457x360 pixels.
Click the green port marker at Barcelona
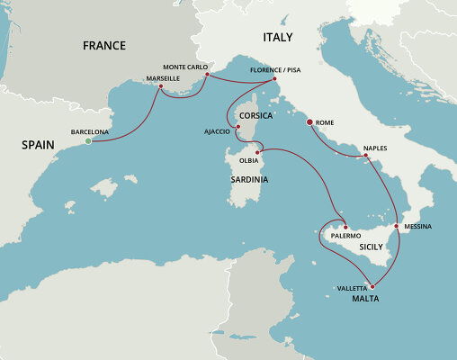(x=88, y=141)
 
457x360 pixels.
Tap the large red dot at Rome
(x=310, y=121)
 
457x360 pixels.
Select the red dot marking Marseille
(x=161, y=86)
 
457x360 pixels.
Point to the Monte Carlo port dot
(x=207, y=75)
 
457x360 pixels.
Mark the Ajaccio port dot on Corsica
(x=237, y=128)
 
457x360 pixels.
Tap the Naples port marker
(x=365, y=157)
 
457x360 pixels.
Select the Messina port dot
(x=397, y=225)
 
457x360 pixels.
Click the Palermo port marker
(x=345, y=227)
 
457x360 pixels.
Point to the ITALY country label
(x=277, y=37)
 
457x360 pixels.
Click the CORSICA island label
(x=257, y=116)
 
